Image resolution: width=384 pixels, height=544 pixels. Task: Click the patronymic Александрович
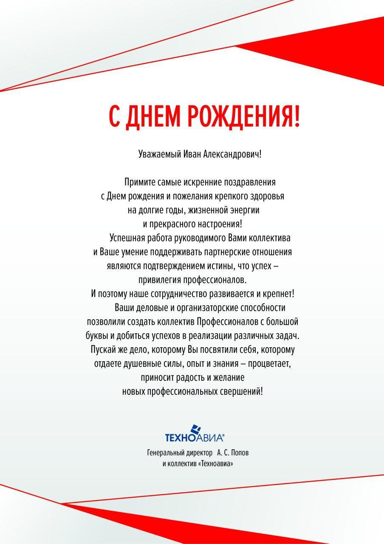pos(232,154)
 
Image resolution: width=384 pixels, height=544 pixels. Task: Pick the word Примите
pos(138,182)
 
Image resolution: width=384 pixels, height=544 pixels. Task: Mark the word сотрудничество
pos(175,294)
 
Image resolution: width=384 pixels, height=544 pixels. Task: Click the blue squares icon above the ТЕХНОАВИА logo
pos(195,430)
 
